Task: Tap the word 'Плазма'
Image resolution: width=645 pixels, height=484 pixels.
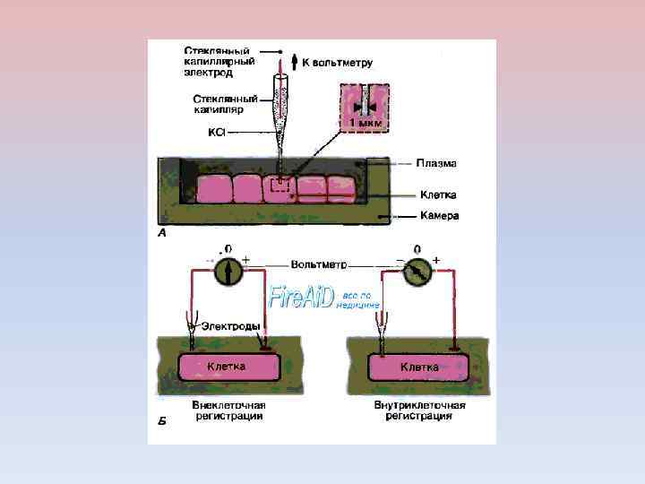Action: [436, 164]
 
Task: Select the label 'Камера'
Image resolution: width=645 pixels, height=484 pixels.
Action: [440, 216]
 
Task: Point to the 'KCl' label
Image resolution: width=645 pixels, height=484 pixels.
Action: [216, 132]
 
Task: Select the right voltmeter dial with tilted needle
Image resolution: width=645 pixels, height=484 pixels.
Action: [416, 270]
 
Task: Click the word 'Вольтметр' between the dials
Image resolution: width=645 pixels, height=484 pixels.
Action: [318, 265]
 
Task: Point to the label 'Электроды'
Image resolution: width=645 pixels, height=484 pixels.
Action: [231, 325]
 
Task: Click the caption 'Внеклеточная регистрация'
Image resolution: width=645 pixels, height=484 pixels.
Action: [229, 411]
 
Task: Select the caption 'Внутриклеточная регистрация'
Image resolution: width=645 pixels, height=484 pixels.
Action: [419, 411]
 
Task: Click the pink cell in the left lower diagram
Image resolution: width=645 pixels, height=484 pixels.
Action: [228, 367]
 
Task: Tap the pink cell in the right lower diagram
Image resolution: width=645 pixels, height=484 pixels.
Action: [418, 367]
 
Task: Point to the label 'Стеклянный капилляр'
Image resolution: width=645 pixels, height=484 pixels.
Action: [226, 104]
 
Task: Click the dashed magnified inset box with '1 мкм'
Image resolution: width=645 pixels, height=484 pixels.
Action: [364, 109]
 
